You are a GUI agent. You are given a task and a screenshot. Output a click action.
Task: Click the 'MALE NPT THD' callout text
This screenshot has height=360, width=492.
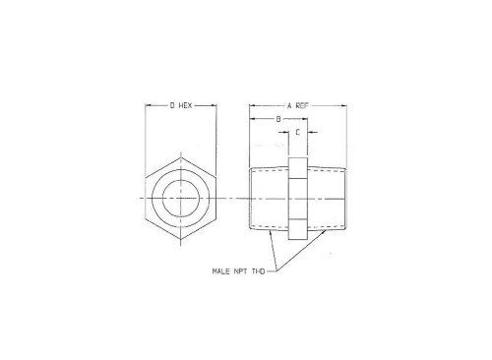point(239,270)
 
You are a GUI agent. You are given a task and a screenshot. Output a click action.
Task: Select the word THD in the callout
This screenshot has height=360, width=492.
point(258,270)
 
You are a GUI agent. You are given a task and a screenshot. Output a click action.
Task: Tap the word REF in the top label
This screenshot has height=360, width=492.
point(304,104)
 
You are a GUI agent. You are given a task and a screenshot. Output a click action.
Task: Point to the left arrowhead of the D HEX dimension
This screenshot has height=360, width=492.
point(149,104)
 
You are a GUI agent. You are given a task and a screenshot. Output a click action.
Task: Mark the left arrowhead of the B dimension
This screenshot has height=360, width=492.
point(251,118)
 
